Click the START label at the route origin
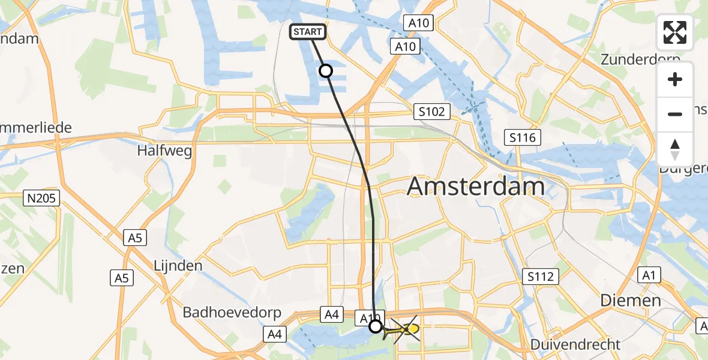[x=308, y=32]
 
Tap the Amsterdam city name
[x=476, y=187]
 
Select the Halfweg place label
[x=164, y=151]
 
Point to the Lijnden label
[x=178, y=265]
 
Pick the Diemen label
[x=631, y=300]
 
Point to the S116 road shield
[x=523, y=137]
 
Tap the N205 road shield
[x=42, y=198]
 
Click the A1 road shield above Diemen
[x=649, y=275]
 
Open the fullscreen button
[x=675, y=32]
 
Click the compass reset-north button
[x=675, y=149]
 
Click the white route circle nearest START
[x=325, y=71]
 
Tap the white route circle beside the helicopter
[x=375, y=326]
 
